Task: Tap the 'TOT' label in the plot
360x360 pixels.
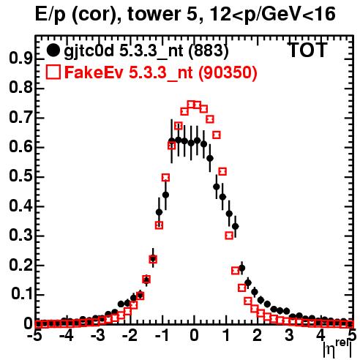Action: coord(307,50)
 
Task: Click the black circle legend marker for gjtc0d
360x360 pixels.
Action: coord(53,50)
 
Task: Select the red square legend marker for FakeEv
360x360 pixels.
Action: coord(53,72)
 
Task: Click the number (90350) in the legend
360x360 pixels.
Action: coord(228,72)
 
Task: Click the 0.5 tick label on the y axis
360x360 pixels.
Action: coord(20,176)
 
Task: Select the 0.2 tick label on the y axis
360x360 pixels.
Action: coord(20,265)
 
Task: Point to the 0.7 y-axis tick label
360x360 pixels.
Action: coord(20,117)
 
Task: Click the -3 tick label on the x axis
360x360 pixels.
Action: coord(98,335)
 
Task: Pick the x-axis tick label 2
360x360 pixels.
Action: coord(258,335)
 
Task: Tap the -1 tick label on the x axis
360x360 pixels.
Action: coord(161,335)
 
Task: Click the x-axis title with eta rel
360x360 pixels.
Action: coord(338,349)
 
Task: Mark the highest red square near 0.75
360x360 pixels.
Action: coord(191,105)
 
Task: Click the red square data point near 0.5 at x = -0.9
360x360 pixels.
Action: coord(165,178)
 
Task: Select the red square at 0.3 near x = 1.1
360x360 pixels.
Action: coord(229,236)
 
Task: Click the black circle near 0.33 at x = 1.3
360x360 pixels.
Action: coord(236,227)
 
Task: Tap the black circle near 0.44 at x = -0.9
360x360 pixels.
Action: coord(165,195)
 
